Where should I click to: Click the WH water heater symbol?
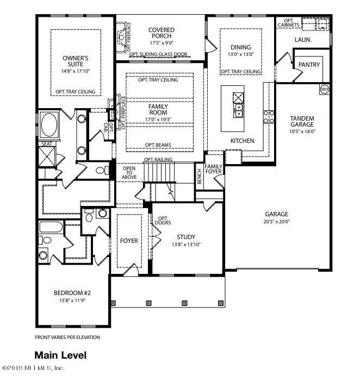coord(324,89)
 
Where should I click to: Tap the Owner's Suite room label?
coord(75,61)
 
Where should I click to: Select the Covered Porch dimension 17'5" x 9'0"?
coord(162,43)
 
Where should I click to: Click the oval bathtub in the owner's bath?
coord(49,124)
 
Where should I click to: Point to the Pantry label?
coord(309,65)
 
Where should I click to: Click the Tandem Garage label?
coord(302,121)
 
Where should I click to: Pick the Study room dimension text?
coord(186,245)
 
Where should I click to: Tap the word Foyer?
coord(129,241)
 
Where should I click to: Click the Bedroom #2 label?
coord(72,293)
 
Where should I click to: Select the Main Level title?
coord(60,355)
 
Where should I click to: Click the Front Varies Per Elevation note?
coord(67,337)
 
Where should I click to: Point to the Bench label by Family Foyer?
coord(200,177)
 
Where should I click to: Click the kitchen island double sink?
coord(238,110)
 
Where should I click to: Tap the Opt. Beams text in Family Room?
coord(158,145)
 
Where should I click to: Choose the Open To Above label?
coord(129,172)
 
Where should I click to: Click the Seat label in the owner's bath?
coord(47,144)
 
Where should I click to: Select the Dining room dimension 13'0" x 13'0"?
coord(241,54)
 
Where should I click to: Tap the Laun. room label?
coord(303,40)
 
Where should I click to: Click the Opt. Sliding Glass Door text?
coord(158,54)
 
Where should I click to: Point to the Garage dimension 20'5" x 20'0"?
coord(276,222)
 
